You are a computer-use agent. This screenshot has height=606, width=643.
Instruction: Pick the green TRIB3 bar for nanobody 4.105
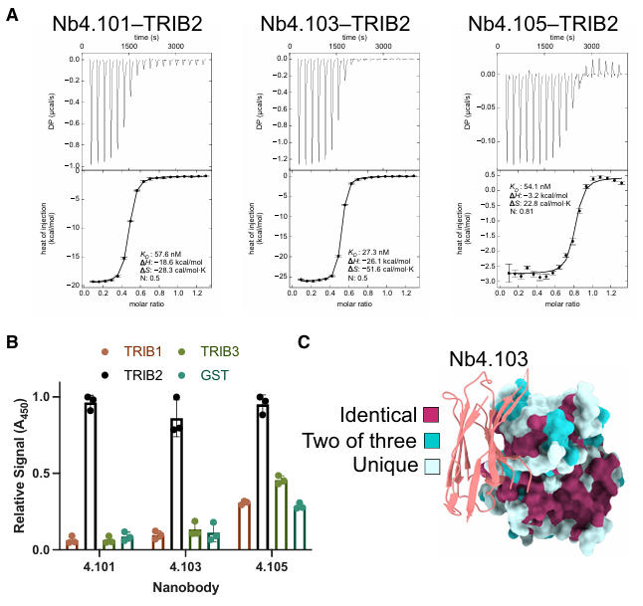point(281,514)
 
